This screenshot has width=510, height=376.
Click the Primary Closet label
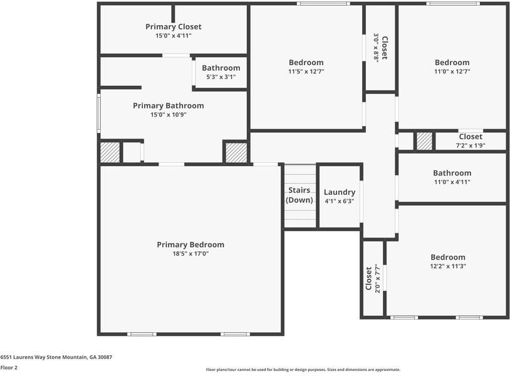click(x=174, y=27)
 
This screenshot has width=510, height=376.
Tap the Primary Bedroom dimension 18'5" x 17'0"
click(x=190, y=254)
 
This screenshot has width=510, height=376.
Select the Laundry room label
click(x=340, y=192)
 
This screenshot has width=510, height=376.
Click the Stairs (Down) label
click(x=299, y=195)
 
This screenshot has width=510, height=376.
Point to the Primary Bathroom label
click(x=169, y=106)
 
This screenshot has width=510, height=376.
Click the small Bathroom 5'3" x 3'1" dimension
click(x=221, y=77)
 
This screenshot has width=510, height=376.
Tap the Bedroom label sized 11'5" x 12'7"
click(x=306, y=63)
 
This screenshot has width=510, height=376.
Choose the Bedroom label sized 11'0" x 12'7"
click(x=452, y=63)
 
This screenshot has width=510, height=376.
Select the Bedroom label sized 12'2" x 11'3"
click(x=448, y=257)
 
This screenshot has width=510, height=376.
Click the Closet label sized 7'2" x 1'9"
click(x=471, y=137)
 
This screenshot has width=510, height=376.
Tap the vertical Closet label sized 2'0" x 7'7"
click(x=369, y=278)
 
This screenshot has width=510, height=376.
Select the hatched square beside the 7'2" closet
click(x=425, y=141)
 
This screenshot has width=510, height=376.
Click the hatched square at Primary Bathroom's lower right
click(x=236, y=153)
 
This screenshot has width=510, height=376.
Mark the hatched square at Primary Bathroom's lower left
click(x=110, y=153)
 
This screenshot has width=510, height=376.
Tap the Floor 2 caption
click(x=9, y=367)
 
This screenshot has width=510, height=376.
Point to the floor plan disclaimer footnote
click(x=303, y=370)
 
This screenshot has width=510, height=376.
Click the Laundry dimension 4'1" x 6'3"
click(x=340, y=201)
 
